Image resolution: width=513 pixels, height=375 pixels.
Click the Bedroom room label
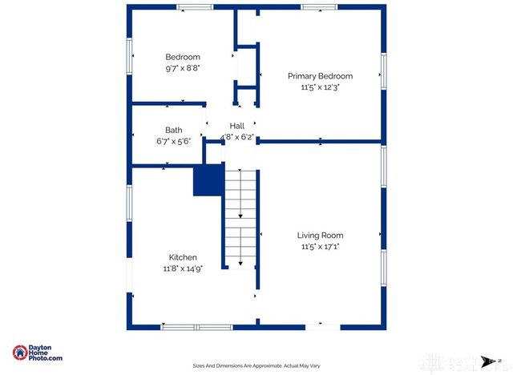tap(183, 57)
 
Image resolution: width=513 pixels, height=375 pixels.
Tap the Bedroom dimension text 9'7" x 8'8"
tap(183, 69)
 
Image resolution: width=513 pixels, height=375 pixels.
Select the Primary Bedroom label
tap(320, 76)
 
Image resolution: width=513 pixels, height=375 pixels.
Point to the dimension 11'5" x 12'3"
tap(320, 88)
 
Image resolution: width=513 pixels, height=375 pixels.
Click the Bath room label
tap(173, 130)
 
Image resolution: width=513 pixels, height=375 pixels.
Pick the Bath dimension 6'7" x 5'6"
tap(173, 141)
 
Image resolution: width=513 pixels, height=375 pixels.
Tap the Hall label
tap(237, 126)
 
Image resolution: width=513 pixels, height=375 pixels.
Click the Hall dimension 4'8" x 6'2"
tap(237, 137)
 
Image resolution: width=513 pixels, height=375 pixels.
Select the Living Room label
tap(320, 236)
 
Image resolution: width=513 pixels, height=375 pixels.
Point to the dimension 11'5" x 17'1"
tap(320, 247)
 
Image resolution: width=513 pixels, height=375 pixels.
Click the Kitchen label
tap(183, 257)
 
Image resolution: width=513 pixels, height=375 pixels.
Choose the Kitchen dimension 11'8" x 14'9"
tap(183, 269)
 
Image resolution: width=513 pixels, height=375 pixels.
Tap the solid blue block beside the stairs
tap(208, 180)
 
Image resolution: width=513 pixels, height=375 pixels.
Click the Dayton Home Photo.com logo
tap(37, 353)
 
